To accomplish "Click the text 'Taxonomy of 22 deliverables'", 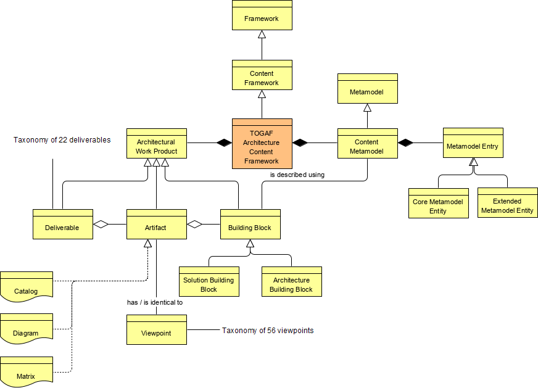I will tap(62, 140).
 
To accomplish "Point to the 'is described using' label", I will tap(297, 175).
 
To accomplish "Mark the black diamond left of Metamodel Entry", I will tap(405, 143).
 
